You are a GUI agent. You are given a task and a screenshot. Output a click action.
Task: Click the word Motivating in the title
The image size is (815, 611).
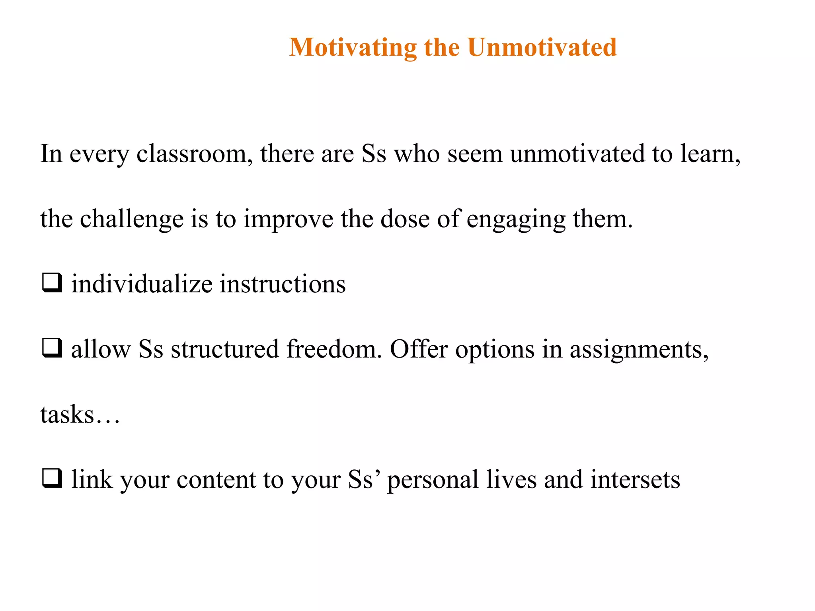(353, 48)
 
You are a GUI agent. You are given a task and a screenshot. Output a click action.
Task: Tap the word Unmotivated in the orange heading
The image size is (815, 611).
(542, 48)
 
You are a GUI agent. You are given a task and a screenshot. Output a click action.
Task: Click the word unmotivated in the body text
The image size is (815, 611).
(577, 154)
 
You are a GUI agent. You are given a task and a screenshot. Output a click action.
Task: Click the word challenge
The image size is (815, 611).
(131, 219)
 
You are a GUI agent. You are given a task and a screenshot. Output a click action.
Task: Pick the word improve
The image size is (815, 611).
(288, 219)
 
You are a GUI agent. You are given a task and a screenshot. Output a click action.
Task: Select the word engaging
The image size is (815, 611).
(516, 219)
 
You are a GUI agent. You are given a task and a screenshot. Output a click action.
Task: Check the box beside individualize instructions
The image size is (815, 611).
(52, 283)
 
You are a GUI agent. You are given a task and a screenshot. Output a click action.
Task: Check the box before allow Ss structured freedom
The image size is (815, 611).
(52, 348)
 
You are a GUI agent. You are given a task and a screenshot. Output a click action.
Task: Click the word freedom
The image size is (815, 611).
(333, 350)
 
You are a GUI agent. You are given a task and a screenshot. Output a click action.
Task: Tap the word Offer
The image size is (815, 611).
(419, 350)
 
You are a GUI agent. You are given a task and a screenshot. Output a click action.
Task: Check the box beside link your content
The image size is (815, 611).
(52, 479)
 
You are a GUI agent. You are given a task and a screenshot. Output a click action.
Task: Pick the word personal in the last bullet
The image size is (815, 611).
(433, 480)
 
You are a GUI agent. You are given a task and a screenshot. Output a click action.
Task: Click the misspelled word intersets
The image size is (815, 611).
(635, 480)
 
